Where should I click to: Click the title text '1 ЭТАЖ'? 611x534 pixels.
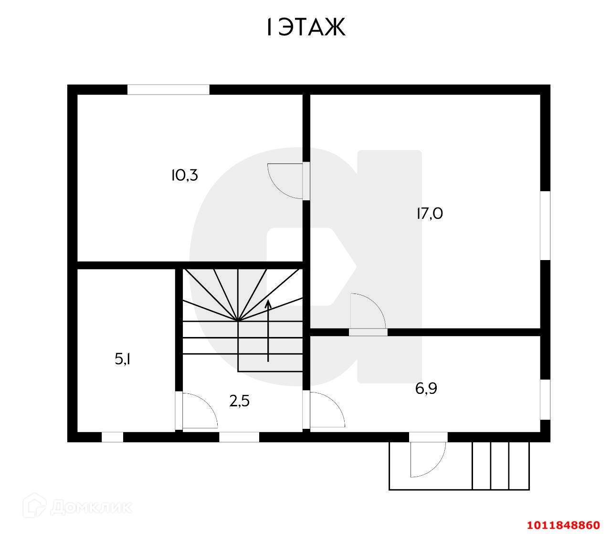(x=305, y=28)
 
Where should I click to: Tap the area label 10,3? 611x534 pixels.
(x=184, y=175)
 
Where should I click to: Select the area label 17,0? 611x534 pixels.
(x=429, y=213)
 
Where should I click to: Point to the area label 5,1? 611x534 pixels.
(x=123, y=359)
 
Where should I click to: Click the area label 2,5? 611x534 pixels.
(x=239, y=401)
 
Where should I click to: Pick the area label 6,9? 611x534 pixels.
(x=426, y=388)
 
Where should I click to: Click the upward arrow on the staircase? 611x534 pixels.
(x=268, y=330)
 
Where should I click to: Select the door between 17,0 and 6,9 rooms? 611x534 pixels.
(x=368, y=313)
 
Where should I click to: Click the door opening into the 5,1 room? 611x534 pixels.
(x=198, y=411)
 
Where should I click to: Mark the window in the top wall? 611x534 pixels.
(x=168, y=89)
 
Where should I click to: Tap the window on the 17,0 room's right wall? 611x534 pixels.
(x=545, y=226)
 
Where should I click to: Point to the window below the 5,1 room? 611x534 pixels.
(x=112, y=437)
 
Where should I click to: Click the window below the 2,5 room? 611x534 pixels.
(x=239, y=437)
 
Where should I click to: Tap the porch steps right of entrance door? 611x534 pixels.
(x=500, y=466)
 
